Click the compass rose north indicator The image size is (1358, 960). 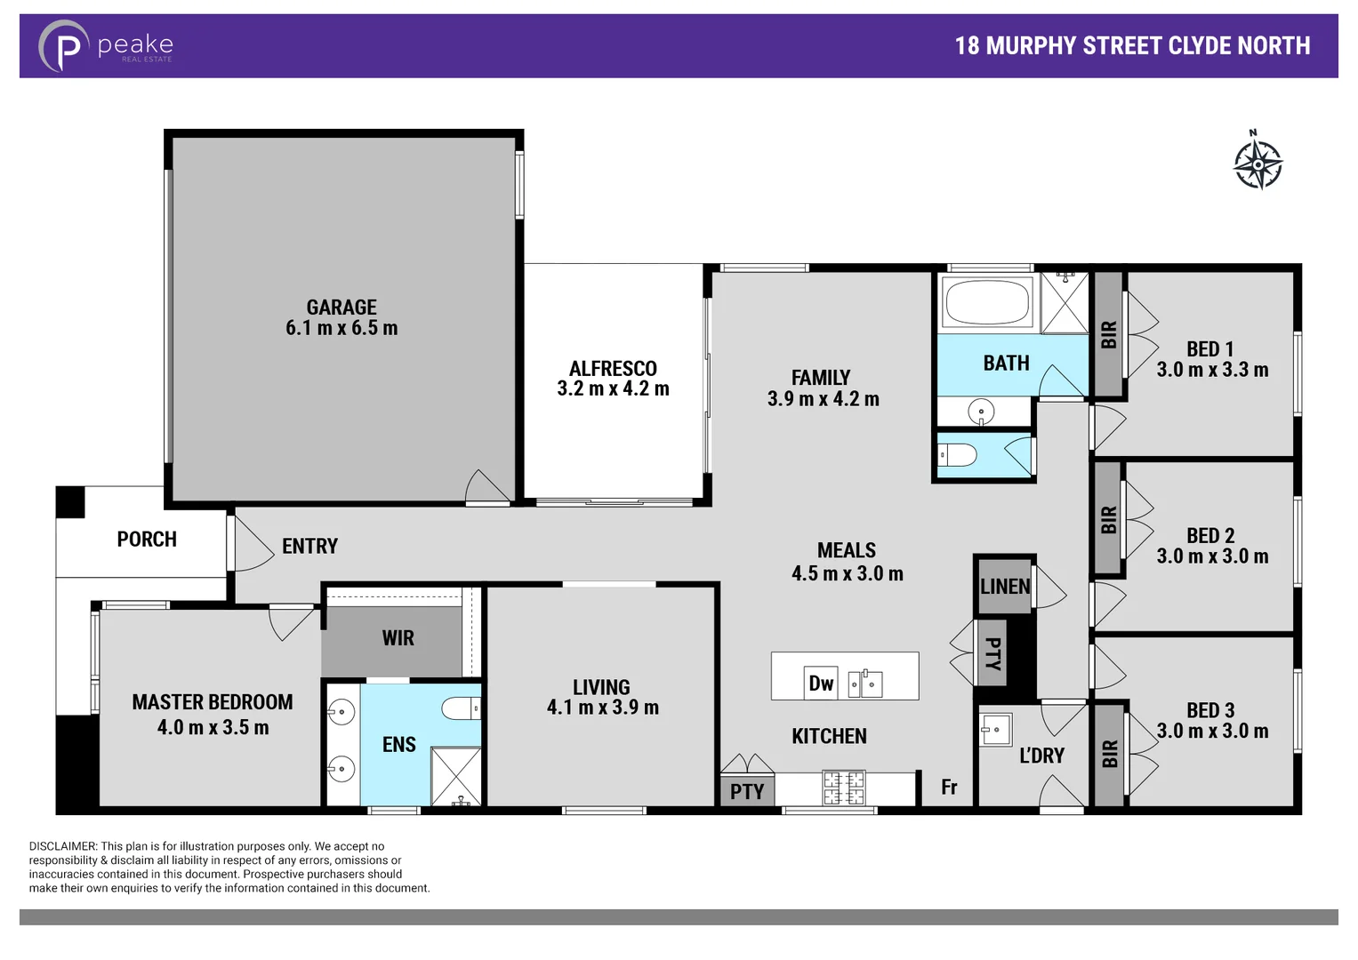point(1258,162)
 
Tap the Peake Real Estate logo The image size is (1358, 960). point(105,46)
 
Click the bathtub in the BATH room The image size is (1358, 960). point(987,301)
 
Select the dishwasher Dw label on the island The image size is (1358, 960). point(820,683)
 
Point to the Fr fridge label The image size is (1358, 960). point(949,787)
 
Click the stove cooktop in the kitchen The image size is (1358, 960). point(843,788)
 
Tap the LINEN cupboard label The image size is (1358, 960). point(1005,587)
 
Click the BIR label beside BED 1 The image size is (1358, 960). point(1108,334)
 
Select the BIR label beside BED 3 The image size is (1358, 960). point(1109,754)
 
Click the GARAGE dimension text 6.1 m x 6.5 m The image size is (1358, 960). point(342,328)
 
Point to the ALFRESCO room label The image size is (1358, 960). point(613,368)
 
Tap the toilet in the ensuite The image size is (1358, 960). point(461,708)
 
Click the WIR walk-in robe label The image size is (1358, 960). point(398,638)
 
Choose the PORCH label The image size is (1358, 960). point(147,540)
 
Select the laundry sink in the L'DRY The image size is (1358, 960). point(995,730)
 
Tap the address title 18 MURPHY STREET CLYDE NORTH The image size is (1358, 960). point(1132,46)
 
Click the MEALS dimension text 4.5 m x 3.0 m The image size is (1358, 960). point(847,574)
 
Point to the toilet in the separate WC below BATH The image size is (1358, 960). point(958,455)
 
